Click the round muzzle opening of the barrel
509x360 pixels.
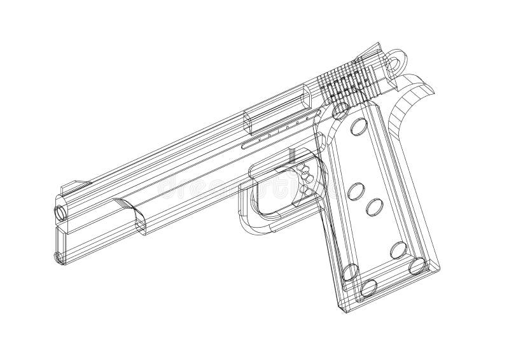61,210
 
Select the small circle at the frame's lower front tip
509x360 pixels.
59,258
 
